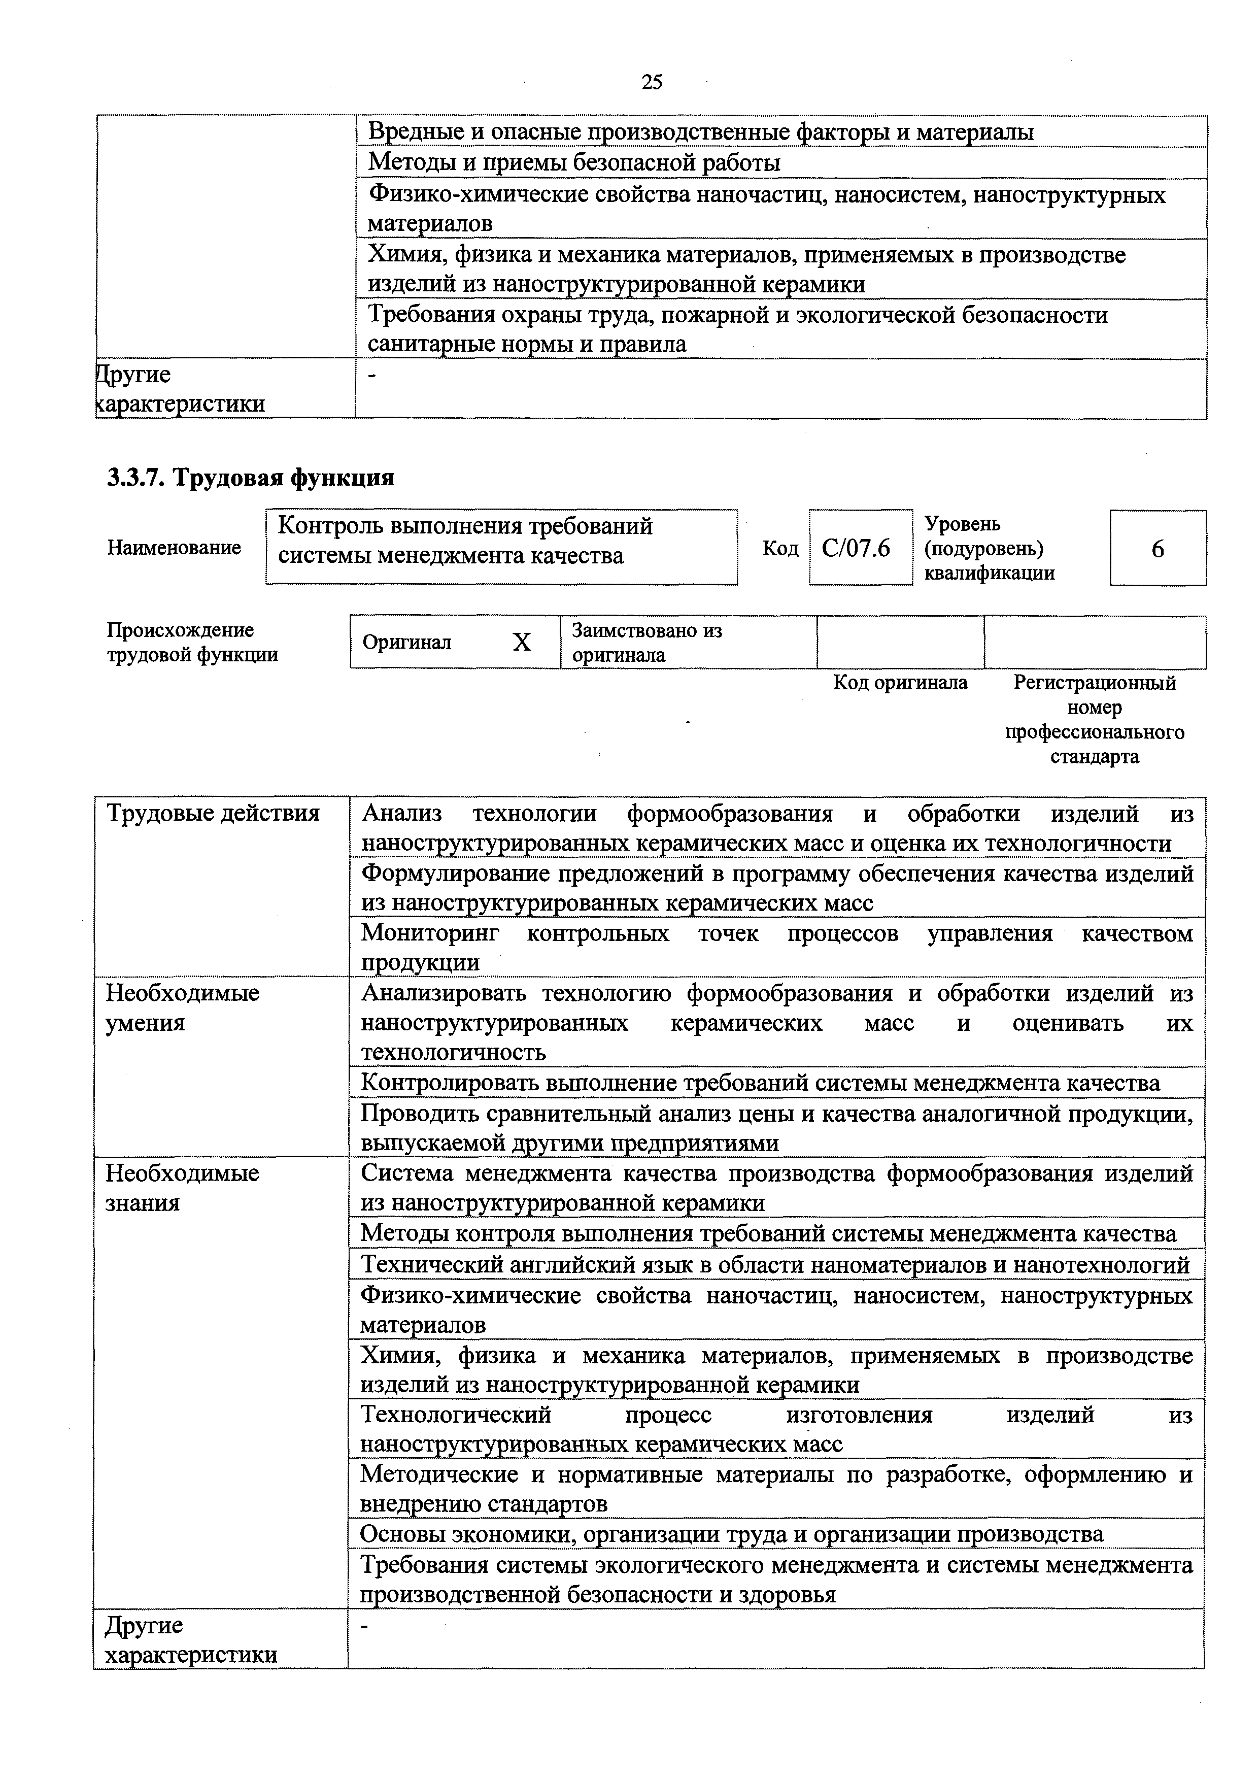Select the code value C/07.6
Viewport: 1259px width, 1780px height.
856,548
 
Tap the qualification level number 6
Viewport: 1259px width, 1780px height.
1158,549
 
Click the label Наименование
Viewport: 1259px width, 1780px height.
174,548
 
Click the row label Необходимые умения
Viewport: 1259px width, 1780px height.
183,1008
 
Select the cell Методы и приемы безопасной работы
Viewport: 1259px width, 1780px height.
574,163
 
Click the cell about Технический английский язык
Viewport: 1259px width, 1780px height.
775,1265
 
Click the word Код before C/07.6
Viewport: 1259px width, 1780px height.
780,549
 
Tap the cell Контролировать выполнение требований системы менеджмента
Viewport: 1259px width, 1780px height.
760,1083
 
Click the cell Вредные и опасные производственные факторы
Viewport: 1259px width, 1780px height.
700,132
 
